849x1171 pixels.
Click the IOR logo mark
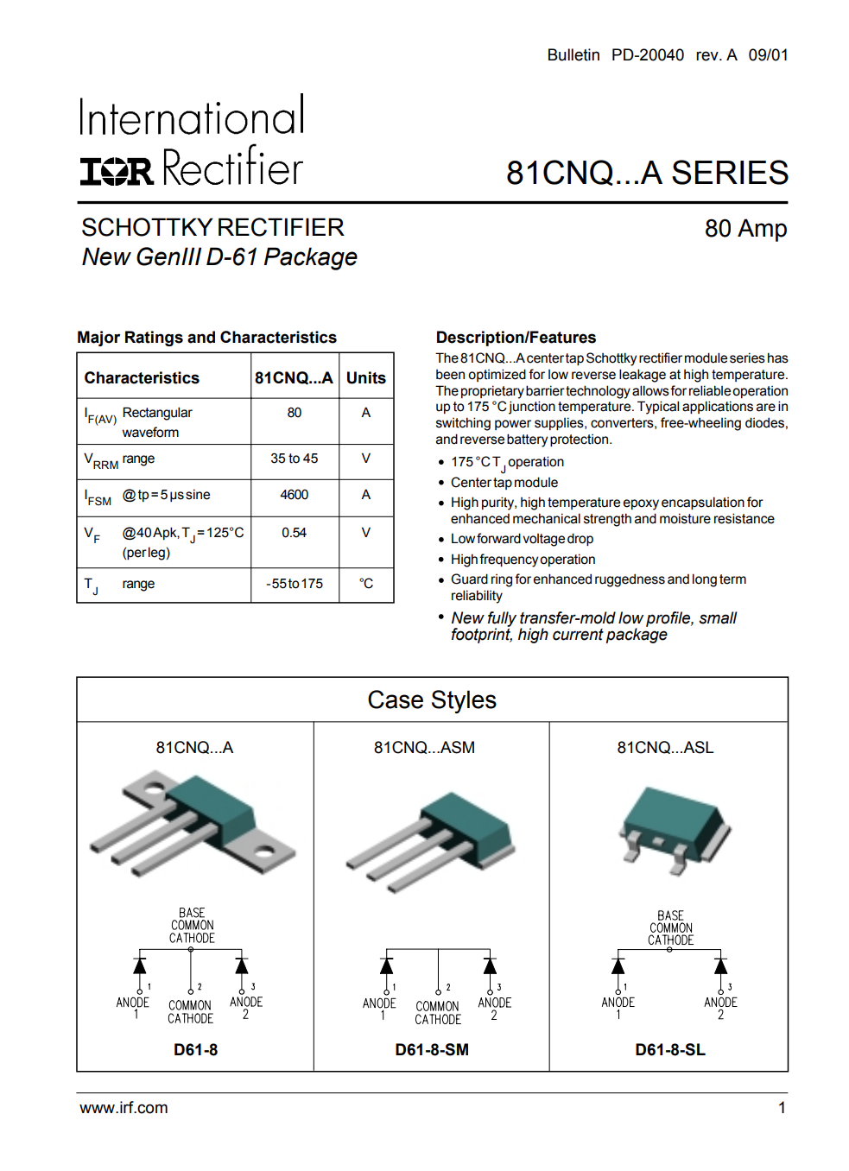(x=117, y=170)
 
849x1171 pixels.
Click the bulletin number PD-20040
(x=647, y=55)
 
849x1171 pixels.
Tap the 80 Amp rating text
(x=745, y=229)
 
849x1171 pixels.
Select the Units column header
(x=365, y=378)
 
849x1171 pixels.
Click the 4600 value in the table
(x=294, y=495)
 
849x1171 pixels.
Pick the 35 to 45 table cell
(x=294, y=459)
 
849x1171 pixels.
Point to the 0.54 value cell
(x=294, y=533)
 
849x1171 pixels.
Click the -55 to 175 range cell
(x=294, y=584)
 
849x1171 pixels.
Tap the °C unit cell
(x=365, y=584)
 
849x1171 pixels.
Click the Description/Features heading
(x=516, y=338)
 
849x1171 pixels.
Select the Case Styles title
(x=432, y=699)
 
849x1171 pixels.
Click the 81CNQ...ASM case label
(x=424, y=748)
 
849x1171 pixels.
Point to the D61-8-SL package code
(x=670, y=1050)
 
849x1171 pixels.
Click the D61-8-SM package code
(x=432, y=1050)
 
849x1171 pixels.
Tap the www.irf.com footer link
(x=124, y=1108)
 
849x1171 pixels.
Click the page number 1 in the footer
(x=782, y=1108)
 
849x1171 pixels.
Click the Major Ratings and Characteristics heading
(x=206, y=338)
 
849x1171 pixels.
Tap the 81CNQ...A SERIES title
(x=647, y=173)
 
